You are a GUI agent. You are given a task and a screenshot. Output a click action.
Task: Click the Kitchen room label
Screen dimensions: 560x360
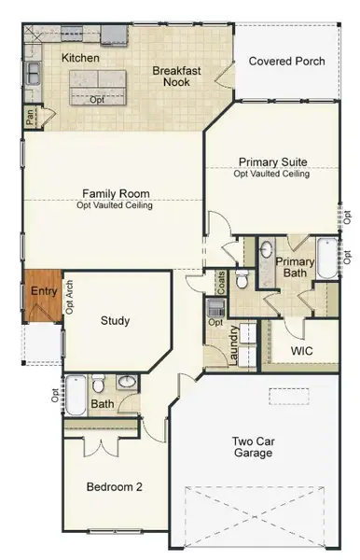click(x=80, y=58)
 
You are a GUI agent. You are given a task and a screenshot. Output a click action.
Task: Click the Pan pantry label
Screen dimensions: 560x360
click(x=31, y=119)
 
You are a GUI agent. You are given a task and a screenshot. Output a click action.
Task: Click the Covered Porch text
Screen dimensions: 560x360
click(x=286, y=62)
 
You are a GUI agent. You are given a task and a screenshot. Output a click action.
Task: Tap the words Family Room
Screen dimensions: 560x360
click(x=115, y=194)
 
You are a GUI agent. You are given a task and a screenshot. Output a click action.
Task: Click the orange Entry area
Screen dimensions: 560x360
click(x=44, y=291)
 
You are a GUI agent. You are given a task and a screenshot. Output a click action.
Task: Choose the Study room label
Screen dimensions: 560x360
click(x=115, y=321)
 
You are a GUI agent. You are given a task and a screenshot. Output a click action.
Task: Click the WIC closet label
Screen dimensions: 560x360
click(x=300, y=351)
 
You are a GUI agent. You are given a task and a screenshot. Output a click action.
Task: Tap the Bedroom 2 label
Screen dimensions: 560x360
click(x=113, y=486)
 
